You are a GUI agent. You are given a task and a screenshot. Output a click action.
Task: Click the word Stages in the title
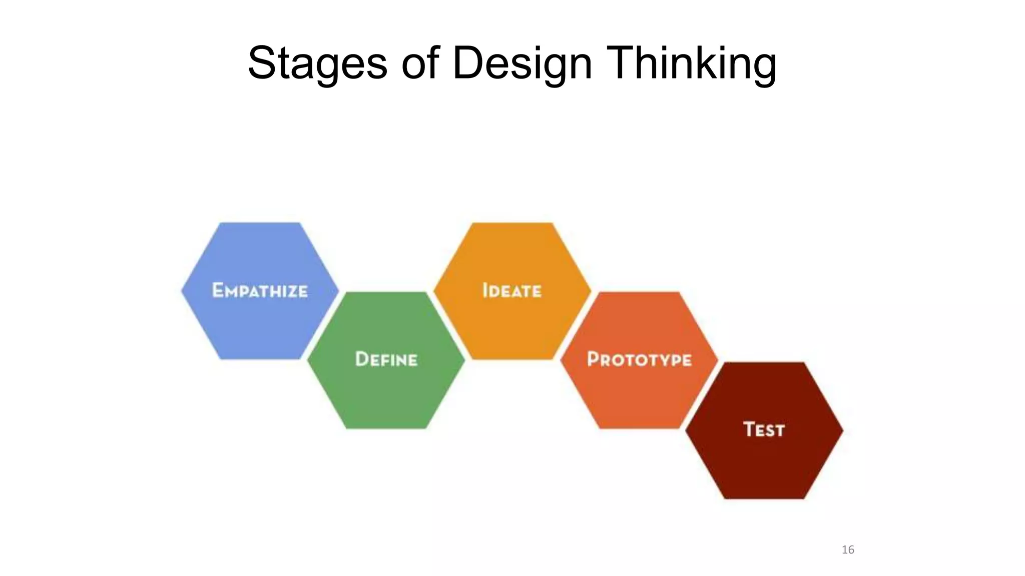pos(317,63)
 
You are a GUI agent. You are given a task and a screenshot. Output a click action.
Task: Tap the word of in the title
pos(420,63)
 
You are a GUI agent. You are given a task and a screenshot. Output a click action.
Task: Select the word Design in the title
pos(522,63)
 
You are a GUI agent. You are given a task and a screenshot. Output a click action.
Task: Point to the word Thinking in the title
pos(691,63)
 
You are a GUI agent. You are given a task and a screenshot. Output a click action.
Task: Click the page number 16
pos(848,549)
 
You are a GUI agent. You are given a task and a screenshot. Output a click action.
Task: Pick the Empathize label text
pos(260,290)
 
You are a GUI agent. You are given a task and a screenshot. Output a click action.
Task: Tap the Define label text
pos(386,359)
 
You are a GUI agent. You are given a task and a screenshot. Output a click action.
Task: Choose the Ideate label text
pos(511,290)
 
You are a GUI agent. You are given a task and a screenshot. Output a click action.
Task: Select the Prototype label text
pos(639,359)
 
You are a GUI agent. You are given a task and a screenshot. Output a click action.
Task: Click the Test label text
pos(764,429)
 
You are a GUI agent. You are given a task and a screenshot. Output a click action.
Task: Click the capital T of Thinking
pos(621,63)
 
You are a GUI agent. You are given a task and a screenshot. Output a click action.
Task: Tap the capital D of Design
pos(469,63)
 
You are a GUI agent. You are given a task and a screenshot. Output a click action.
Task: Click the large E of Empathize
pos(218,290)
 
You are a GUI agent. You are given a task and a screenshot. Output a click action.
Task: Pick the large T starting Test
pos(749,429)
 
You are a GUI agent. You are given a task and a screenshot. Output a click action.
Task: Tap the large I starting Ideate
pos(484,290)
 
